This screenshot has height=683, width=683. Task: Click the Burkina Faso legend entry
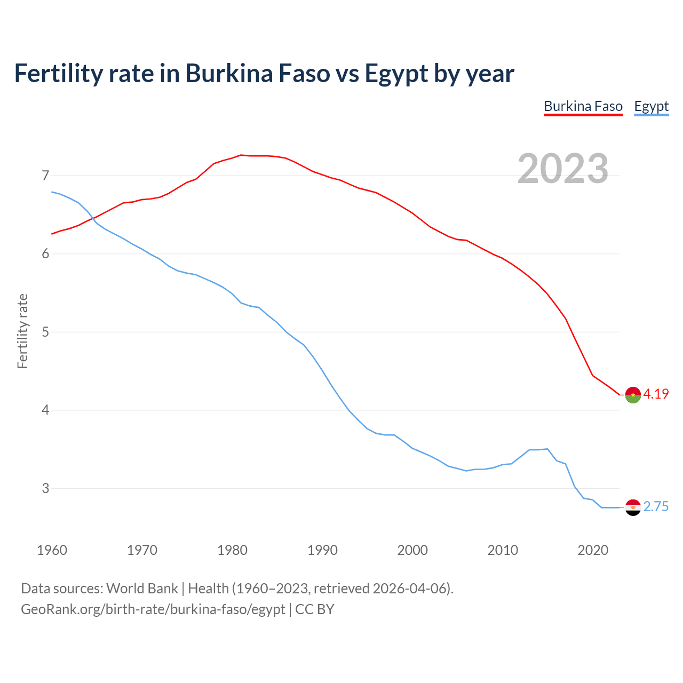[583, 106]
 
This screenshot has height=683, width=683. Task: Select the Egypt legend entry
[651, 106]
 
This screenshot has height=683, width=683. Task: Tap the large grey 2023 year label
[563, 169]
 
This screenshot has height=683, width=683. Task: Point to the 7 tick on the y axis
[45, 176]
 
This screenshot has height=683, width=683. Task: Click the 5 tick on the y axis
[45, 332]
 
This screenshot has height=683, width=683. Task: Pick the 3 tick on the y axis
[45, 488]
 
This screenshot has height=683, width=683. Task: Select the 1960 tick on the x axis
[52, 550]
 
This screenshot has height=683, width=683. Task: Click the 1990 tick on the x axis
[322, 550]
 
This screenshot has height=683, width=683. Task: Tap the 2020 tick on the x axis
[593, 550]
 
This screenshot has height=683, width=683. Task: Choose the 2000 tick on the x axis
[412, 550]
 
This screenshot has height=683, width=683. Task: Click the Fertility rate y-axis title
[22, 331]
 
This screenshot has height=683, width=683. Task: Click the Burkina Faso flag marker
[633, 395]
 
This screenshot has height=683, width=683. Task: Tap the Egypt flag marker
[633, 507]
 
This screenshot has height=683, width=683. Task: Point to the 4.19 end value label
[656, 394]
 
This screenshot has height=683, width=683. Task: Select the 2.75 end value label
[656, 507]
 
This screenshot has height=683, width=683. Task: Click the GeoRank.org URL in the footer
[153, 609]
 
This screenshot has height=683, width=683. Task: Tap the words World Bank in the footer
[142, 589]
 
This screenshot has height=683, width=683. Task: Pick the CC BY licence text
[315, 609]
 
